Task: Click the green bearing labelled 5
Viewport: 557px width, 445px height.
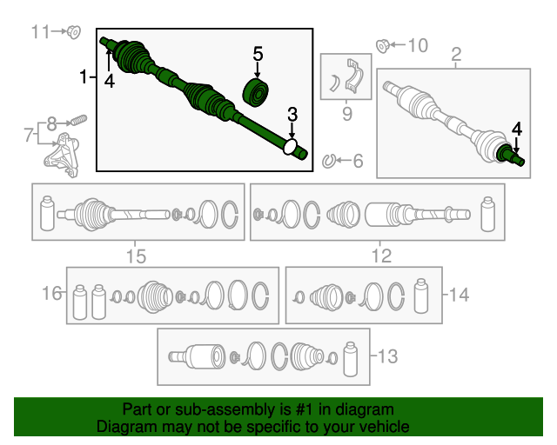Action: click(255, 93)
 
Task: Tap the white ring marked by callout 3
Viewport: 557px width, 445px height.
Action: click(290, 147)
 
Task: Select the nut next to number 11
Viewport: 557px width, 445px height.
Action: click(74, 32)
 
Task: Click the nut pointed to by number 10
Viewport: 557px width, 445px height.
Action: click(383, 46)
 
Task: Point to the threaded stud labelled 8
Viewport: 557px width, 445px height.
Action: click(79, 120)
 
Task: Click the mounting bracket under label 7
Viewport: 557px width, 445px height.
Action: click(61, 155)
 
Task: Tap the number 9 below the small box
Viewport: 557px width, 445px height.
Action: click(346, 114)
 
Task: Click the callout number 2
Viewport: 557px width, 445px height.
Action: click(456, 54)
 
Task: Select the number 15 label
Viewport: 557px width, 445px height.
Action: click(136, 256)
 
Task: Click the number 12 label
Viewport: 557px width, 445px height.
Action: click(381, 256)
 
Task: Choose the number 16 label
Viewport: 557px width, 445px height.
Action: click(52, 294)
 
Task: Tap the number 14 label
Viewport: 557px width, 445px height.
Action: click(459, 295)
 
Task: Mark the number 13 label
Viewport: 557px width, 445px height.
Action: click(387, 356)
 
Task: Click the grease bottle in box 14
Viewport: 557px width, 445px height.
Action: click(421, 296)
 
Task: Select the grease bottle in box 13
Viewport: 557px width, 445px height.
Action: click(350, 359)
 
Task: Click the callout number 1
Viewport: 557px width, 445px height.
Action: click(84, 76)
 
